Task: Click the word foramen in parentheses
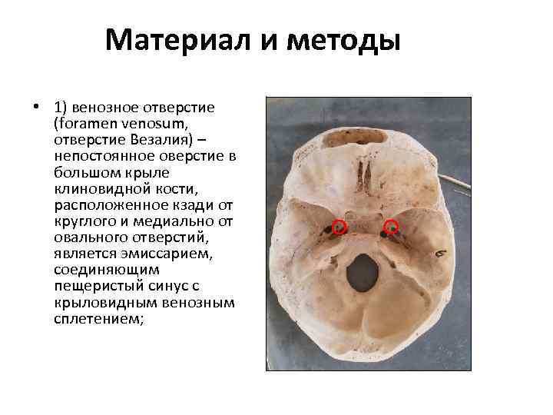pyautogui.click(x=85, y=123)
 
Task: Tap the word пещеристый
pyautogui.click(x=95, y=287)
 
